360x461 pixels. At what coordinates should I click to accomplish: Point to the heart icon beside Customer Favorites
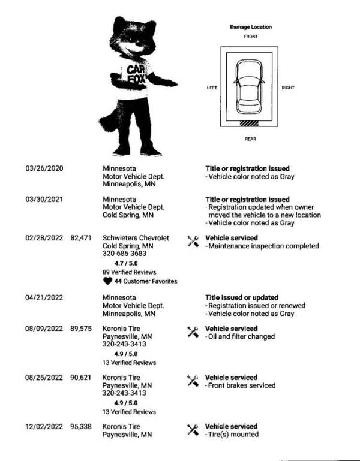[107, 281]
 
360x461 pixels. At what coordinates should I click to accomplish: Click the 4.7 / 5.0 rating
[124, 263]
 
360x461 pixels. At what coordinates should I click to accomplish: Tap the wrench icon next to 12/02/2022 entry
[193, 429]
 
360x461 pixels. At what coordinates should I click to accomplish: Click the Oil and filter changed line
[241, 336]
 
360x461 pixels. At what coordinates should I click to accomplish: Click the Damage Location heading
[251, 27]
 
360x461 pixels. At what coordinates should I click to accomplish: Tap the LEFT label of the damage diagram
[212, 88]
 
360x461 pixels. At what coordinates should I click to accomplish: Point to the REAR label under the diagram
[251, 139]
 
